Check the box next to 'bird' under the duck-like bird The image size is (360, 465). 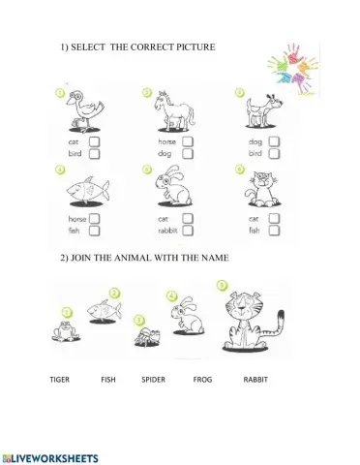coord(95,153)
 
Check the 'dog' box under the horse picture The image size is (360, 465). coord(187,153)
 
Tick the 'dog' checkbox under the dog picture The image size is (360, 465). coord(275,140)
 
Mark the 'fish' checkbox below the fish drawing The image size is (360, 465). coord(95,232)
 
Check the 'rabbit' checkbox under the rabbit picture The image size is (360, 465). coord(187,232)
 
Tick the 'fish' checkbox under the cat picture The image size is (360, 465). coord(275,232)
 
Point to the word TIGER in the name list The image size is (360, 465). coord(60,380)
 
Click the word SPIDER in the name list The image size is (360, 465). coord(154,380)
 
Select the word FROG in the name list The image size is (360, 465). coord(202,380)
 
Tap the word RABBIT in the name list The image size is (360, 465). coord(255,380)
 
